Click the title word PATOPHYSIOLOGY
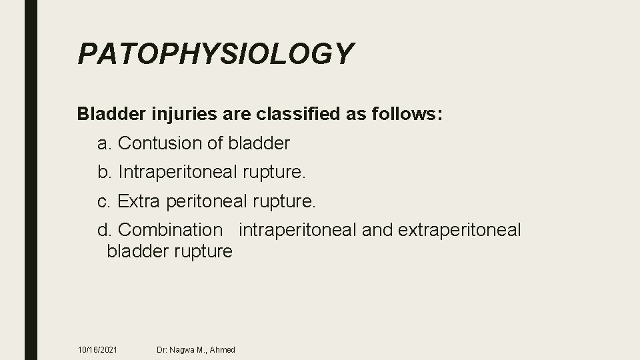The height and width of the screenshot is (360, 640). coord(215,53)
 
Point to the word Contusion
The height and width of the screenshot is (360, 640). coord(171,143)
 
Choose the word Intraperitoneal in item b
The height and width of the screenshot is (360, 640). coord(177,172)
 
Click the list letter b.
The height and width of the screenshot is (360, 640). coord(104,172)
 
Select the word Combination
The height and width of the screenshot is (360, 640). coord(170,230)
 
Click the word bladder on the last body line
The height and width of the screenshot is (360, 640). coord(137,251)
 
